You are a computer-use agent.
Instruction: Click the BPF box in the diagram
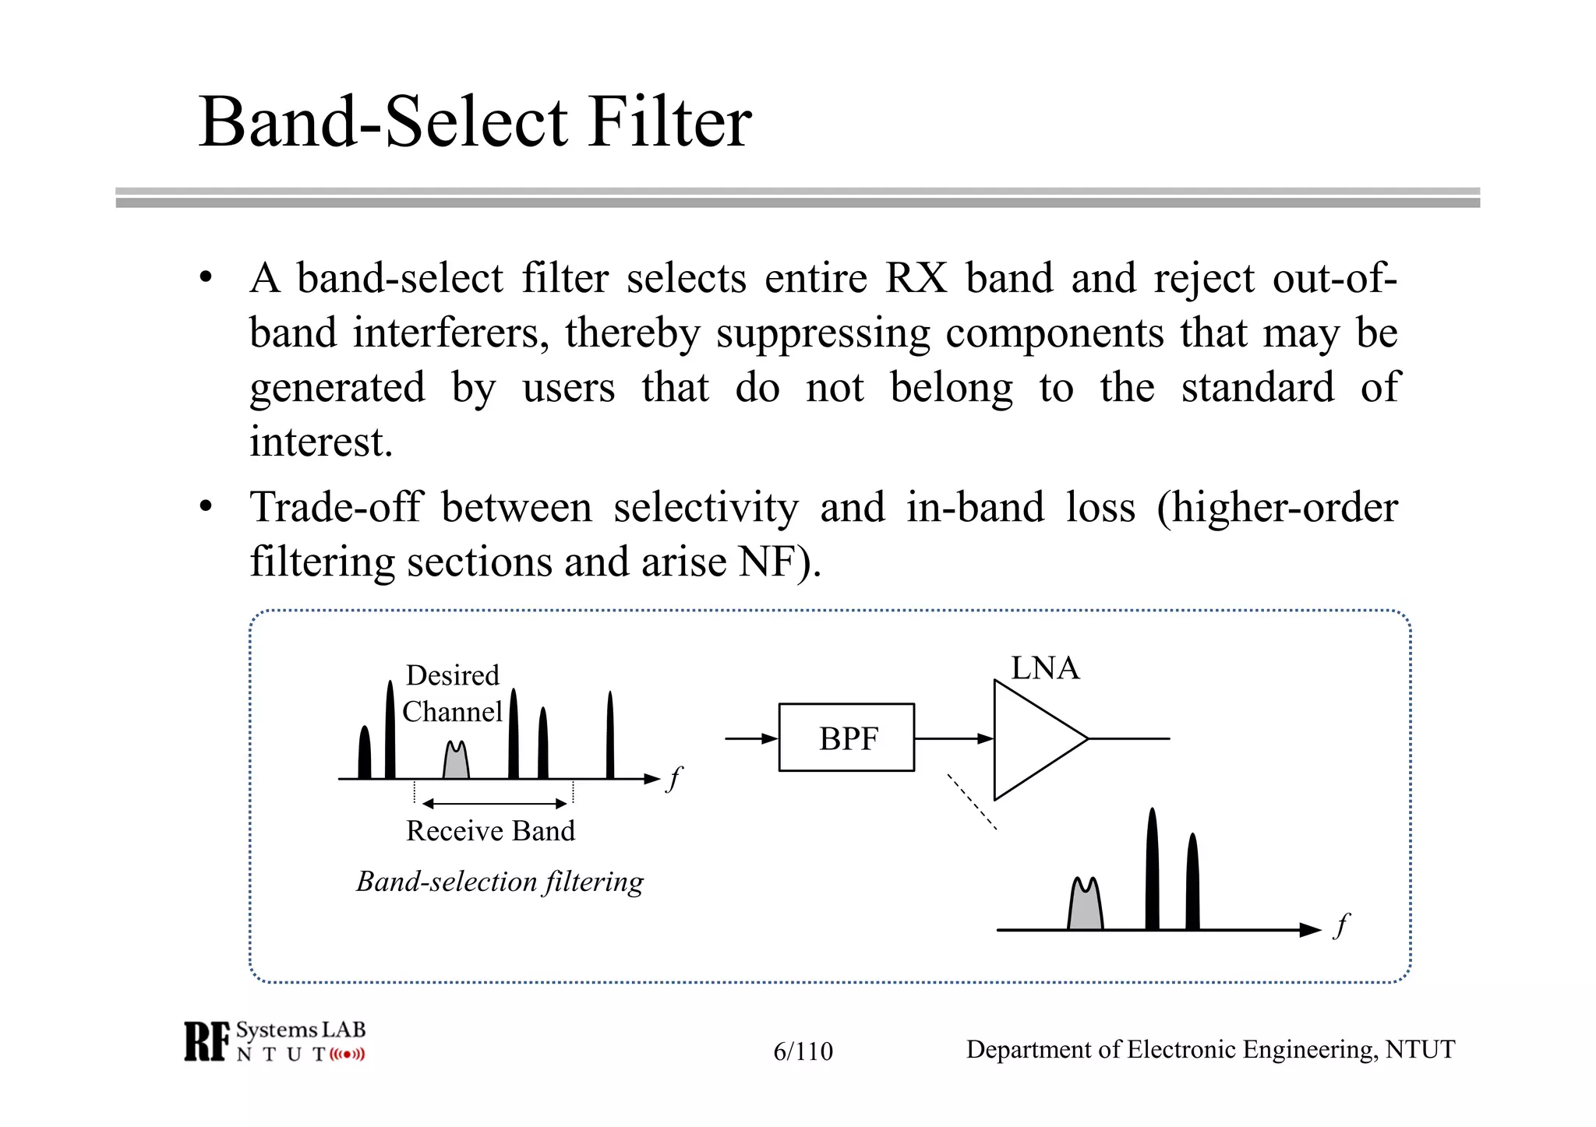click(x=846, y=738)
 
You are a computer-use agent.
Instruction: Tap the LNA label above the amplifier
click(x=1044, y=668)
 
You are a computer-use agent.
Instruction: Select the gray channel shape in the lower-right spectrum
click(x=1085, y=907)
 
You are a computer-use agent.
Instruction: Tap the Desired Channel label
click(x=452, y=693)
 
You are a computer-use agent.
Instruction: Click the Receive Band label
click(x=490, y=831)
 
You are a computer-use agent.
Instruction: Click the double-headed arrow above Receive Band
click(x=494, y=803)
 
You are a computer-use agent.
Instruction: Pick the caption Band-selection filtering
click(x=500, y=882)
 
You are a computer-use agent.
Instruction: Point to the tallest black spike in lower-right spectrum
click(x=1152, y=872)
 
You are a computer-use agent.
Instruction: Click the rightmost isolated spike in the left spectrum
click(x=610, y=736)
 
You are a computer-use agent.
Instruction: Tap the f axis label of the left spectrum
click(x=675, y=777)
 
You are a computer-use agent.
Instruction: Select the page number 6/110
click(x=803, y=1051)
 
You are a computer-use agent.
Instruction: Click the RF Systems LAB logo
click(x=274, y=1041)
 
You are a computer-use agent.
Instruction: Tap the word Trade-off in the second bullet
click(x=335, y=507)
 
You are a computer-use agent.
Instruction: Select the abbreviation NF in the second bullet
click(x=767, y=562)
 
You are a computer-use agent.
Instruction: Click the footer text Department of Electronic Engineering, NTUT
click(x=1209, y=1050)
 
